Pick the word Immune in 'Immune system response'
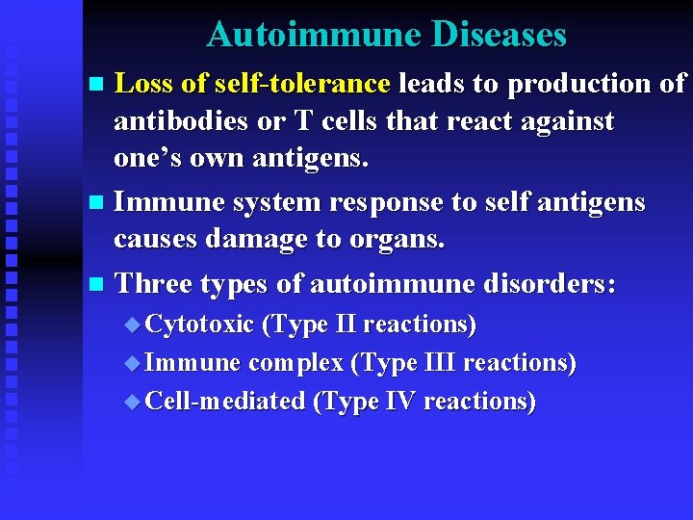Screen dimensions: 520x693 pos(166,203)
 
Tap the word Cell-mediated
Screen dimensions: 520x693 pos(224,401)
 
